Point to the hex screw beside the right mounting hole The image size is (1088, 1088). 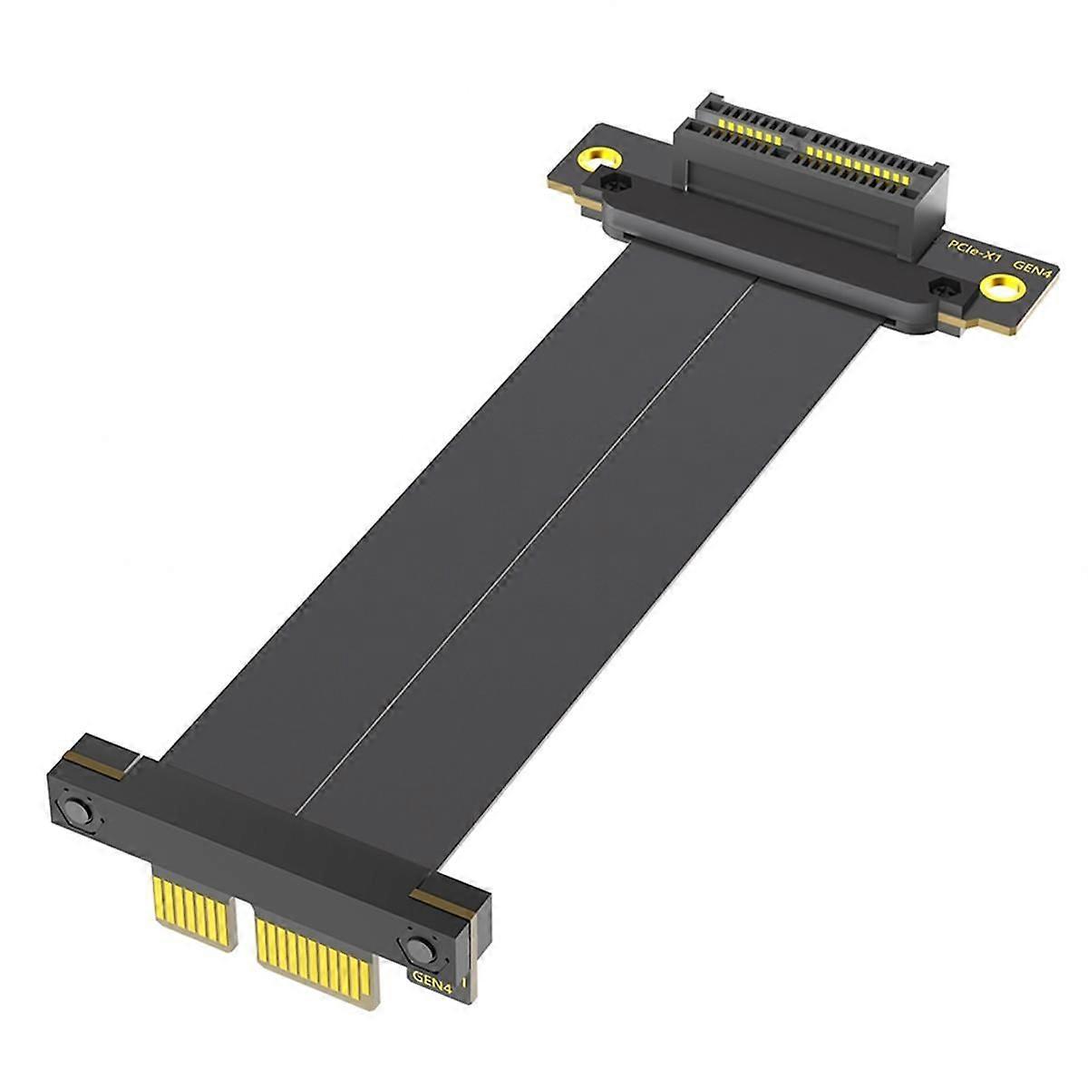(x=943, y=289)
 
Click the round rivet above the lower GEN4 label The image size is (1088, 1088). (x=419, y=949)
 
